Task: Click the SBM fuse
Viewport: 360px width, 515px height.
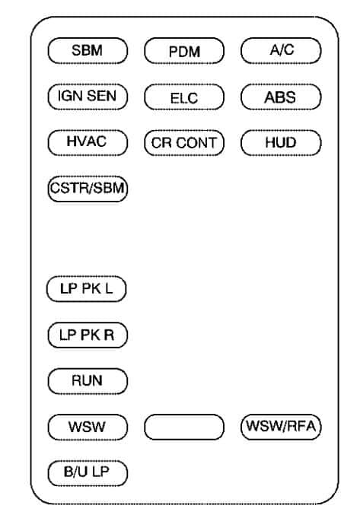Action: tap(88, 51)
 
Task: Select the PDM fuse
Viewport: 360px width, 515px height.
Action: tap(184, 51)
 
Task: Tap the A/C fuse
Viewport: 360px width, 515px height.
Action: tap(281, 51)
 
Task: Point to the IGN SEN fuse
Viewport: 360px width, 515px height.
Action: tap(88, 97)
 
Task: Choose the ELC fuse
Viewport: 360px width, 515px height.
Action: tap(184, 97)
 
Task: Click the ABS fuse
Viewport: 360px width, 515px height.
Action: tap(281, 97)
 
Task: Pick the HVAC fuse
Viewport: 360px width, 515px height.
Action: tap(88, 143)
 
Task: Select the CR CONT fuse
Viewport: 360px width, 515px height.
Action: tap(184, 143)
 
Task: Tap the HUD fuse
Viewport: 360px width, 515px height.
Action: tap(281, 143)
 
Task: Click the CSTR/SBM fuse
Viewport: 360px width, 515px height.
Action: tap(88, 189)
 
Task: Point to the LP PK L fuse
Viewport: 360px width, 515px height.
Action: tap(87, 289)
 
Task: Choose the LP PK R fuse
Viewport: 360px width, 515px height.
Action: tap(88, 335)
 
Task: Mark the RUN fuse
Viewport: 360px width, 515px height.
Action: tap(88, 381)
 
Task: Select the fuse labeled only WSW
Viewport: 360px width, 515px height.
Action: tap(88, 428)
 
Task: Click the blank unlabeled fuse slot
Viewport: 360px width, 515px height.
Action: tap(184, 428)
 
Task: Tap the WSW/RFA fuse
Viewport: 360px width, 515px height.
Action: tap(281, 428)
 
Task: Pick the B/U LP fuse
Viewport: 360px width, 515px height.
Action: tap(88, 473)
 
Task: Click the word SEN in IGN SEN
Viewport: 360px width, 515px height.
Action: tap(101, 96)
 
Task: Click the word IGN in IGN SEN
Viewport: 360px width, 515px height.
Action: tap(70, 96)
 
